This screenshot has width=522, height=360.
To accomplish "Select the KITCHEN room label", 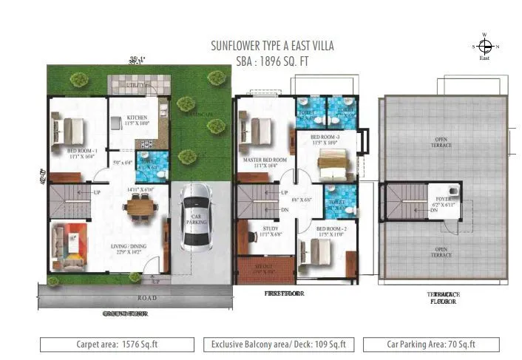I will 137,118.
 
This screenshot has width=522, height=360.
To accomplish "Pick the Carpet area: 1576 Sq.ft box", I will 118,344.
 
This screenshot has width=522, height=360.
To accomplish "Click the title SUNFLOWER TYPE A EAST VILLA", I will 272,46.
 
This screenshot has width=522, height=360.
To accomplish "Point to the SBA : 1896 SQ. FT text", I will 272,62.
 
